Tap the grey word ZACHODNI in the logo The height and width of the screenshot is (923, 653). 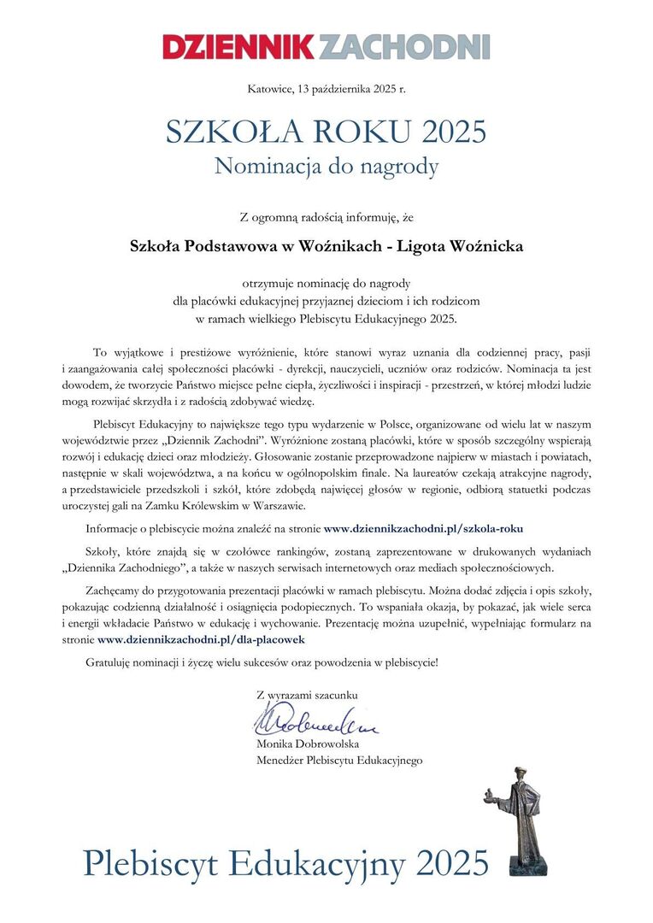404,46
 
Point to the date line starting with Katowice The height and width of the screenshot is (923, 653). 326,88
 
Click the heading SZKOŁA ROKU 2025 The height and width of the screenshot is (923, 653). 326,132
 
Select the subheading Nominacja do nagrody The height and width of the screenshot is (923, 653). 326,166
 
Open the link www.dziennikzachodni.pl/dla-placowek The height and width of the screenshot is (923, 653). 201,638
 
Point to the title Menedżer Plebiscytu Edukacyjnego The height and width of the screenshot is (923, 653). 339,760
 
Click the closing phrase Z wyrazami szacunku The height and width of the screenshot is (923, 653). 307,695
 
